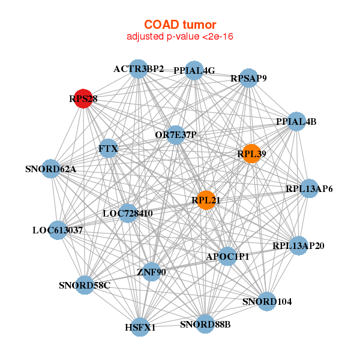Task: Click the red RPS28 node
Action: [x=83, y=98]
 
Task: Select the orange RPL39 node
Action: [x=251, y=154]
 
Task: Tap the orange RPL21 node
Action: [x=206, y=200]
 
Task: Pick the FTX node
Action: [x=108, y=148]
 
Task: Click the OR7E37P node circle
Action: [x=176, y=135]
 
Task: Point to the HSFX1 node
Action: [x=140, y=327]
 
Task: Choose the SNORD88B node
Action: [x=205, y=324]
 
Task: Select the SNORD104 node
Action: [x=267, y=301]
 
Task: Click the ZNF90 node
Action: [x=151, y=272]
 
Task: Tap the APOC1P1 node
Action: [x=227, y=256]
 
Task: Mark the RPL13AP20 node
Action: [x=298, y=245]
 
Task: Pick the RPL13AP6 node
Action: [x=309, y=188]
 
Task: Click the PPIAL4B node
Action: [x=296, y=121]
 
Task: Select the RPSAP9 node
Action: [x=248, y=78]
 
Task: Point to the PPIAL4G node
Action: [x=194, y=70]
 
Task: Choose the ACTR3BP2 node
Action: [x=139, y=69]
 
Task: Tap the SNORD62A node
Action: [x=51, y=169]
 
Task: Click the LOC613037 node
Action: [x=58, y=230]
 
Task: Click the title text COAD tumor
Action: [x=180, y=25]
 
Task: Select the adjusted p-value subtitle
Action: [x=180, y=37]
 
